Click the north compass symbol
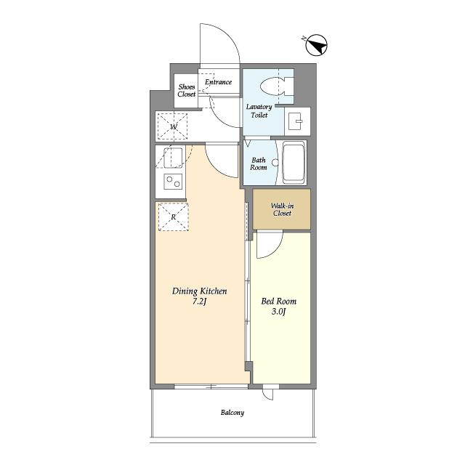(316, 46)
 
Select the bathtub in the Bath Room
(294, 163)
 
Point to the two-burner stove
(173, 182)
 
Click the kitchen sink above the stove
(173, 158)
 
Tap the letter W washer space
(173, 126)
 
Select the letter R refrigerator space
(174, 217)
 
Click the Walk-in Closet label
(282, 209)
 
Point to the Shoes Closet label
(187, 90)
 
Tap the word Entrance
(218, 82)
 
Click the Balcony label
(232, 413)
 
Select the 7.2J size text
(199, 302)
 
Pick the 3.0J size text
(279, 312)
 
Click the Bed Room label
(279, 302)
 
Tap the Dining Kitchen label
(200, 291)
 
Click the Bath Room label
(259, 163)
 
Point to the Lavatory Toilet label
(259, 111)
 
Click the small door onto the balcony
(268, 393)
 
